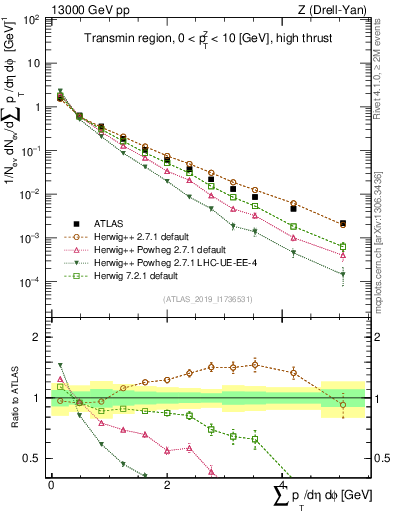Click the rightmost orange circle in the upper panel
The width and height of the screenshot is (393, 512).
pos(343,224)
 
